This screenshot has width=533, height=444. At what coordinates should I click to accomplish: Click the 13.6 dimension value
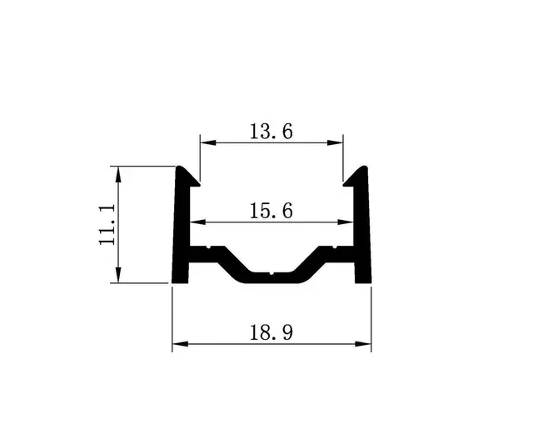[271, 131]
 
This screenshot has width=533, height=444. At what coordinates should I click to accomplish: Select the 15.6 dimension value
[271, 211]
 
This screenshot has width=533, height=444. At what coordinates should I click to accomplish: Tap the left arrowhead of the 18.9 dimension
[177, 344]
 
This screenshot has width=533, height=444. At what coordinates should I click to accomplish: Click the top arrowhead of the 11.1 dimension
[120, 172]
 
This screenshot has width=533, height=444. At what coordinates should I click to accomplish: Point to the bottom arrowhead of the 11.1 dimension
[120, 277]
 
